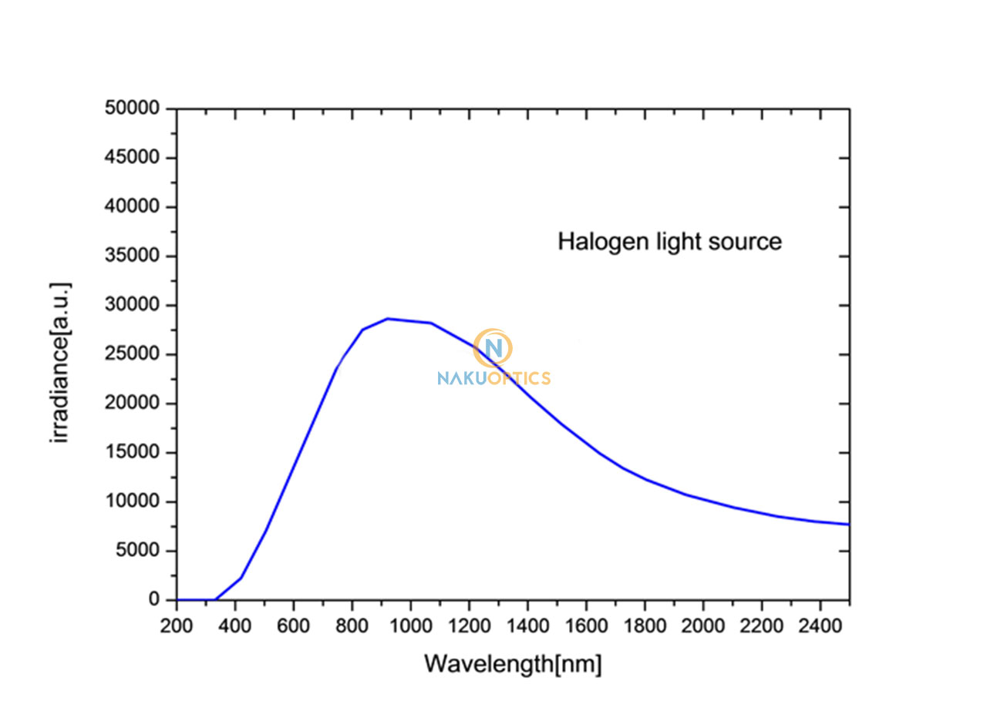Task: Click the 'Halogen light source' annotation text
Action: (669, 242)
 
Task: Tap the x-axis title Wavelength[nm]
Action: (513, 663)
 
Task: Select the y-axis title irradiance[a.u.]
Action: (61, 362)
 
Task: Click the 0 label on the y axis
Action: (154, 600)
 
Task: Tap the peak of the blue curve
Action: (388, 318)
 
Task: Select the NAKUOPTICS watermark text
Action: (493, 378)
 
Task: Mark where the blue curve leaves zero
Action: (215, 599)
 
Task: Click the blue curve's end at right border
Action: (848, 525)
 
